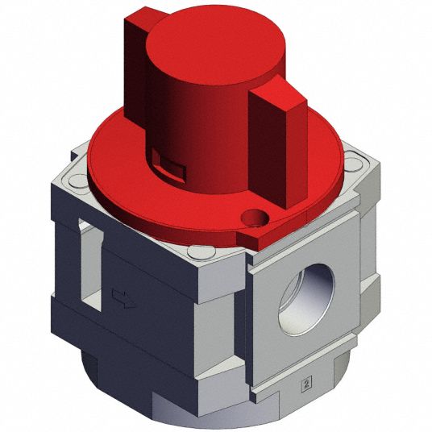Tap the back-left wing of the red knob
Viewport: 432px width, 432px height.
[136, 64]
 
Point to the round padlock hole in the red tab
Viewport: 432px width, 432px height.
[255, 217]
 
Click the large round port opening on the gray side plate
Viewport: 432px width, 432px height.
[306, 299]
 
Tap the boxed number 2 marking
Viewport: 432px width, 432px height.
[306, 382]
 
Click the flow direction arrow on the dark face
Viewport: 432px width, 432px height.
[123, 299]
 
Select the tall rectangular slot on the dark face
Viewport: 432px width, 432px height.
[91, 264]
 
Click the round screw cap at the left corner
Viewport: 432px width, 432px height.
[78, 181]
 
